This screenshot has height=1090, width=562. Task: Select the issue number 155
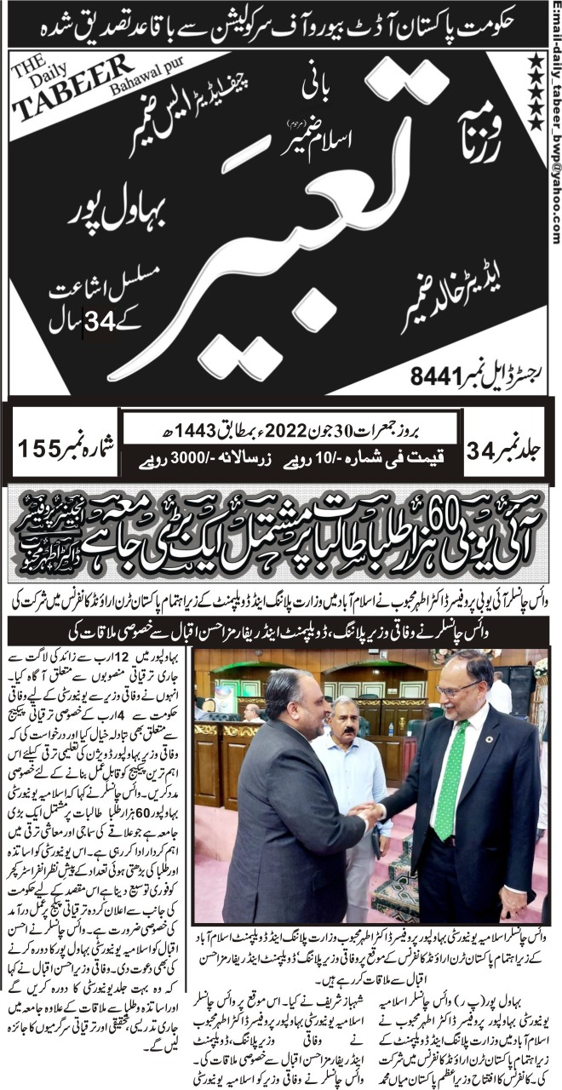click(42, 447)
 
